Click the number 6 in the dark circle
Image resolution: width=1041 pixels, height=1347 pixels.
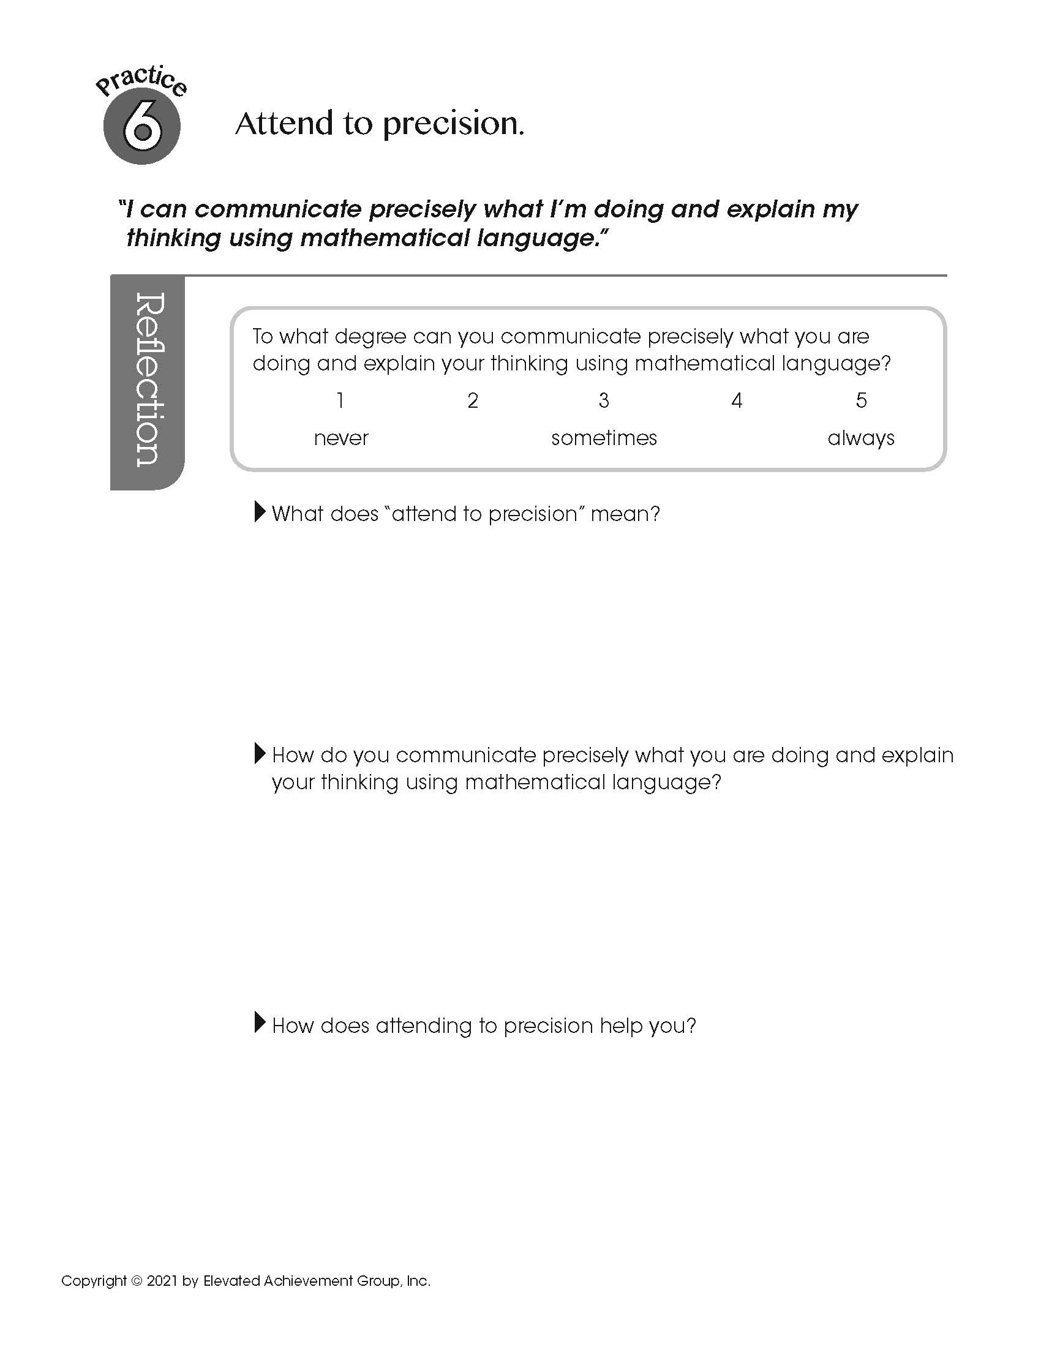[x=142, y=128]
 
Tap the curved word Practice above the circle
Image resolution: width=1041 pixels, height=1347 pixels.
[x=141, y=81]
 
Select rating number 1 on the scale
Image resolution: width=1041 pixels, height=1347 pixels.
[x=340, y=401]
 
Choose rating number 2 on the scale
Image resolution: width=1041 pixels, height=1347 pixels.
[x=473, y=401]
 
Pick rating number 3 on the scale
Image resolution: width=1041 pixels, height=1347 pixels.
[x=604, y=401]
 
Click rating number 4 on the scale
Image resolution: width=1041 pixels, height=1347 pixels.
[x=736, y=401]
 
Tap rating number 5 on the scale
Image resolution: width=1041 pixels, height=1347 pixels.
[x=861, y=401]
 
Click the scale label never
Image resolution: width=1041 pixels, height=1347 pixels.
[x=341, y=438]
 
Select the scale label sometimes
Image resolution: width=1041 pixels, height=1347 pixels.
[x=604, y=438]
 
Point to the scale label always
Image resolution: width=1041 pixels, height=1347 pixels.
[x=861, y=438]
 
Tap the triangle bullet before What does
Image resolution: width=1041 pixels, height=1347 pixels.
[x=260, y=512]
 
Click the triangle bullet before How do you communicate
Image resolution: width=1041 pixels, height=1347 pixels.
[x=260, y=753]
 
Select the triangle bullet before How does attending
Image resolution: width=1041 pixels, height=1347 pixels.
[x=260, y=1023]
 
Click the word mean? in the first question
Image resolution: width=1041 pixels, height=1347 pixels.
[x=625, y=514]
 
